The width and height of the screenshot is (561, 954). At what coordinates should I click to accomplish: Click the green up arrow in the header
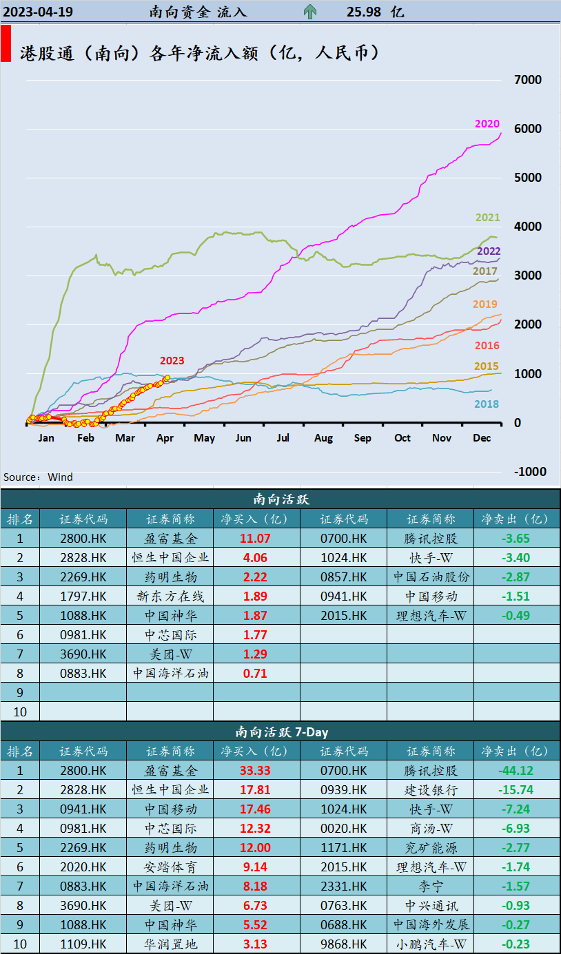(310, 11)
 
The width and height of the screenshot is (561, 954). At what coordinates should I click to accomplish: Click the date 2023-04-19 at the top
(38, 12)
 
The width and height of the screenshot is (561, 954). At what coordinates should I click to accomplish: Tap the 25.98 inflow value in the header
(365, 12)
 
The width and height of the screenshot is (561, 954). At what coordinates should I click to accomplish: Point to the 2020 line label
(487, 124)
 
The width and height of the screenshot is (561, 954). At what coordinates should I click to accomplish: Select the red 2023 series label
(172, 360)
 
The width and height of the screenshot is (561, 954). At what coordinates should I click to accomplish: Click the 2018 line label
(487, 404)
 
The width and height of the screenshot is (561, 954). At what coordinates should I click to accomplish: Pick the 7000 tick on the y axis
(528, 80)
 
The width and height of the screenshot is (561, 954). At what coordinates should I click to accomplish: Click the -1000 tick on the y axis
(528, 472)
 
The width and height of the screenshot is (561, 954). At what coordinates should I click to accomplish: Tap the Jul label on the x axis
(283, 438)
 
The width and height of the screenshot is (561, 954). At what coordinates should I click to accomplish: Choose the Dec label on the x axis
(481, 438)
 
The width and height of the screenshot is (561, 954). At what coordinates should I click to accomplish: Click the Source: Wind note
(38, 477)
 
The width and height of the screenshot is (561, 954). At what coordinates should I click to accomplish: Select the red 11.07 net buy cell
(256, 539)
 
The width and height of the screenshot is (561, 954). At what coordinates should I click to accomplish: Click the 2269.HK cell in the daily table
(83, 577)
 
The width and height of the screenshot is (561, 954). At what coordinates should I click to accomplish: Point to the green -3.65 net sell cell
(516, 539)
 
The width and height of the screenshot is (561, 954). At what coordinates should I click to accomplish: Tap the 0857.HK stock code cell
(344, 577)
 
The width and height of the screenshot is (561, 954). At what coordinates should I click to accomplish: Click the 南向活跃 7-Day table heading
(280, 732)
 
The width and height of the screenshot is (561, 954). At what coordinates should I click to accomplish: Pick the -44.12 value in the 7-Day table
(516, 771)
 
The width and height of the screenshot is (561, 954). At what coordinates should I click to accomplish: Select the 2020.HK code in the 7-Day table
(83, 867)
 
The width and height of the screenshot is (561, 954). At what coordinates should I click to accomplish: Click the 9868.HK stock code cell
(344, 944)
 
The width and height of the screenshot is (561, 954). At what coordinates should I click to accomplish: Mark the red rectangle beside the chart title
(6, 44)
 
